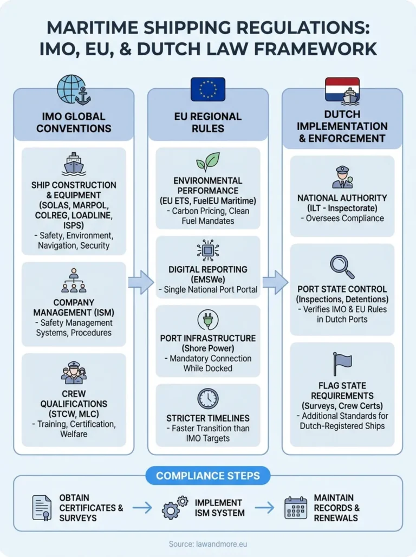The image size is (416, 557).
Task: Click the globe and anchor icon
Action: coord(73,90)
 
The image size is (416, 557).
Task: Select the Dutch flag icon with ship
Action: coord(342,90)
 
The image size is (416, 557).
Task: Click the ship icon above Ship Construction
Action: coord(74,164)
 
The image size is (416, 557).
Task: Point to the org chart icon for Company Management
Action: coord(74,280)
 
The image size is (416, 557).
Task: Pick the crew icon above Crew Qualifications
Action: coord(74,372)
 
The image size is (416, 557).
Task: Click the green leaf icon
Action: coord(208,161)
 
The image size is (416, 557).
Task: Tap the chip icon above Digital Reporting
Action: coord(208,250)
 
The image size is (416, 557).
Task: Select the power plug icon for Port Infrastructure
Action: coord(208,320)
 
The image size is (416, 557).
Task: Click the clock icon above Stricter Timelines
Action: coord(208,398)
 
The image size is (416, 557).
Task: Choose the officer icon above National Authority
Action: coord(342,177)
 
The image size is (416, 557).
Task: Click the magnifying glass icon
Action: coord(342,266)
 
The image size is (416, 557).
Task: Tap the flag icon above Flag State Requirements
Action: coord(342,364)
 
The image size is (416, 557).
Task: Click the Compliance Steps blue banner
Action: coord(208,476)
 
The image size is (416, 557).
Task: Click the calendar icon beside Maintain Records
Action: coord(296,508)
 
